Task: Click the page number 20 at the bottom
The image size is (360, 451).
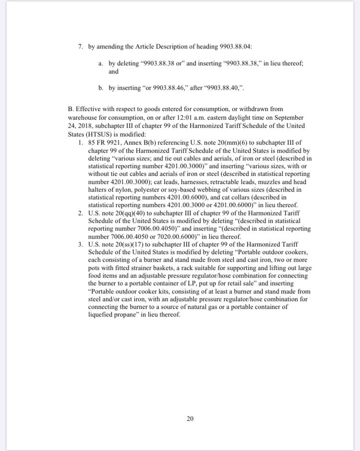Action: [190, 419]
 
